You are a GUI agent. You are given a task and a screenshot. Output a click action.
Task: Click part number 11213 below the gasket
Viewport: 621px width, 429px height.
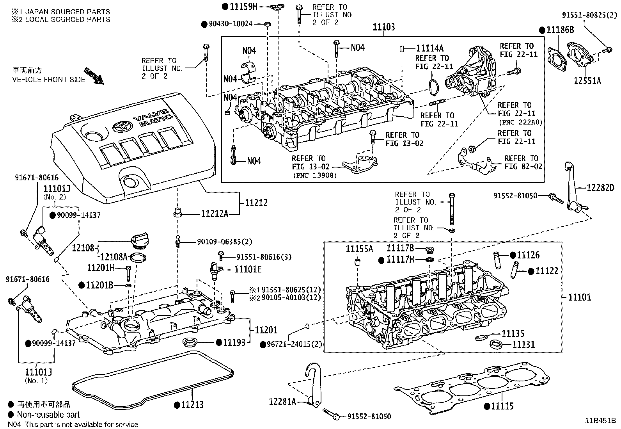tap(192, 405)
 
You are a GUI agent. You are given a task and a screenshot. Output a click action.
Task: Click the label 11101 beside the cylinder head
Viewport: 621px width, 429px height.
tap(579, 297)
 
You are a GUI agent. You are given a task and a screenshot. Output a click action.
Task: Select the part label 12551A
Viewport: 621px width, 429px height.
tap(587, 81)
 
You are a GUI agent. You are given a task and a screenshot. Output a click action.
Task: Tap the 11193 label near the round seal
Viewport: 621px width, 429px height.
tap(234, 342)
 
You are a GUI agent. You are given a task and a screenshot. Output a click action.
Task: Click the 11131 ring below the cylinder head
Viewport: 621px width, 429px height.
tap(496, 344)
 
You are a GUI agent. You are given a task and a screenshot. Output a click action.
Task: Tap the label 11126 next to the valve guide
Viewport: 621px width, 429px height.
tap(528, 255)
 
